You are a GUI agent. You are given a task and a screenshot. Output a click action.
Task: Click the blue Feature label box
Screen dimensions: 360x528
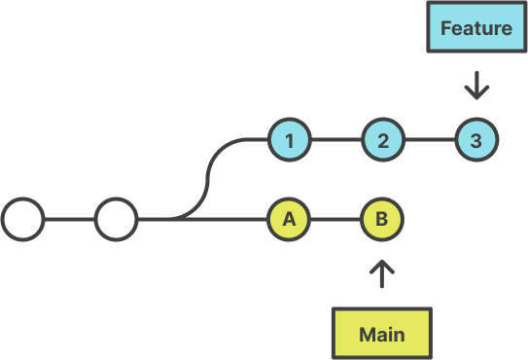[x=475, y=28]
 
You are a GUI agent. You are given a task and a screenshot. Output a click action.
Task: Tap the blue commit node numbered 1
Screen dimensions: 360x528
[x=289, y=140]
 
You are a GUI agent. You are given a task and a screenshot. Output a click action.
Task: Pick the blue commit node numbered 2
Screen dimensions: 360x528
[x=383, y=140]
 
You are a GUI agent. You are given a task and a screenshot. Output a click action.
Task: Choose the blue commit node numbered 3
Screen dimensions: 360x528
[x=475, y=140]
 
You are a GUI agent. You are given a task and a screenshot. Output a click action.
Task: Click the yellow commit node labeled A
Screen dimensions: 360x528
[x=289, y=220]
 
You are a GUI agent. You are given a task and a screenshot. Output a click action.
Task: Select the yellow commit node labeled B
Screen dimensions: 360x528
[x=382, y=220]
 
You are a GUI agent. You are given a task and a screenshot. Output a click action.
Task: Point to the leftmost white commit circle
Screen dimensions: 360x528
[x=22, y=220]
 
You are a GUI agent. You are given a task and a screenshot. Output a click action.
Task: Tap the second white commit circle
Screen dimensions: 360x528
[x=116, y=220]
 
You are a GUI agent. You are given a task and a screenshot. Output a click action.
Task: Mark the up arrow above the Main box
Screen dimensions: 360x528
[x=382, y=273]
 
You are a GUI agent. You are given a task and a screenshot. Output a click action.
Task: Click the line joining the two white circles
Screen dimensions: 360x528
[x=69, y=220]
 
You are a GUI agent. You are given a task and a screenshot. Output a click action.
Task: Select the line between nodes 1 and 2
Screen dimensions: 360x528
[x=335, y=140]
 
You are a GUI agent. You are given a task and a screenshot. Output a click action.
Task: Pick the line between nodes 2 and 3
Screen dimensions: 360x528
[x=429, y=140]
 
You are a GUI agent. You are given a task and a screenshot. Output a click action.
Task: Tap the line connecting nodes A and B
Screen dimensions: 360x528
[x=335, y=220]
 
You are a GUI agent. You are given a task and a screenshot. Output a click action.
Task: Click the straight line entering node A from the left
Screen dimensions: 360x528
[x=224, y=220]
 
